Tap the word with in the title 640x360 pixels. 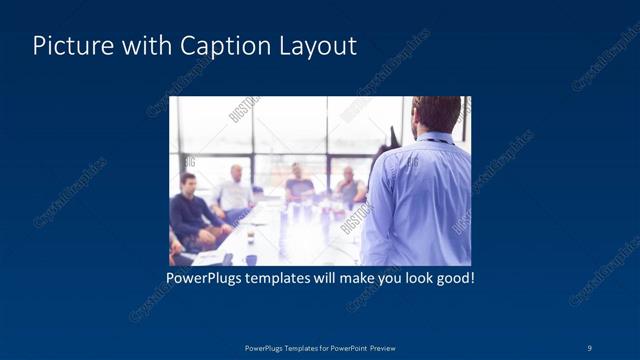[142, 46]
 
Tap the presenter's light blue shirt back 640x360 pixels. [420, 200]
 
